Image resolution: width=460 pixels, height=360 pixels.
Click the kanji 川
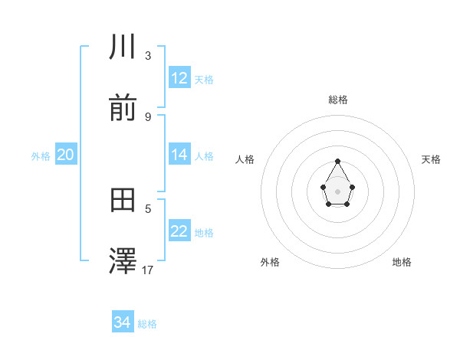tap(123, 47)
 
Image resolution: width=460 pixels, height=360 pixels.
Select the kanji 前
tap(123, 109)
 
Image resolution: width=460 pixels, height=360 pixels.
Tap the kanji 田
tap(123, 201)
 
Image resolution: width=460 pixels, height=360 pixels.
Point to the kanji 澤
tap(123, 262)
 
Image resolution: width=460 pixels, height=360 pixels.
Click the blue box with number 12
tap(179, 78)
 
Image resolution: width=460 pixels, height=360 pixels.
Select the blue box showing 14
tap(179, 155)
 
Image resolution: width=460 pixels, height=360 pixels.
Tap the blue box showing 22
tap(179, 231)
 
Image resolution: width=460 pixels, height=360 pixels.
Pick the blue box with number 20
tap(65, 155)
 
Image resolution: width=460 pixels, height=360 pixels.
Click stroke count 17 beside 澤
tap(148, 270)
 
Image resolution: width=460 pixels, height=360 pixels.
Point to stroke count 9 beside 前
tap(148, 116)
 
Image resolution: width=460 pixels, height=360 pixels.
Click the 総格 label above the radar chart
tap(338, 100)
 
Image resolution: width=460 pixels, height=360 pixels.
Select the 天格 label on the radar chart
tap(432, 159)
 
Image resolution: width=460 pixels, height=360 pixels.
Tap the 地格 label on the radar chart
tap(402, 262)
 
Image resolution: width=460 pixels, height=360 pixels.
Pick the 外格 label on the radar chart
tap(270, 262)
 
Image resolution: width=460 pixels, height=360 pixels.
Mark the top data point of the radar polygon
tap(338, 161)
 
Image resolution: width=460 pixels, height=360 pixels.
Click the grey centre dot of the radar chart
tap(338, 191)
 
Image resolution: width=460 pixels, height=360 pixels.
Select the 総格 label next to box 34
tap(147, 324)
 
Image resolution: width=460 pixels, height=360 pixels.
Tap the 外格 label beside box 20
tap(41, 156)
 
